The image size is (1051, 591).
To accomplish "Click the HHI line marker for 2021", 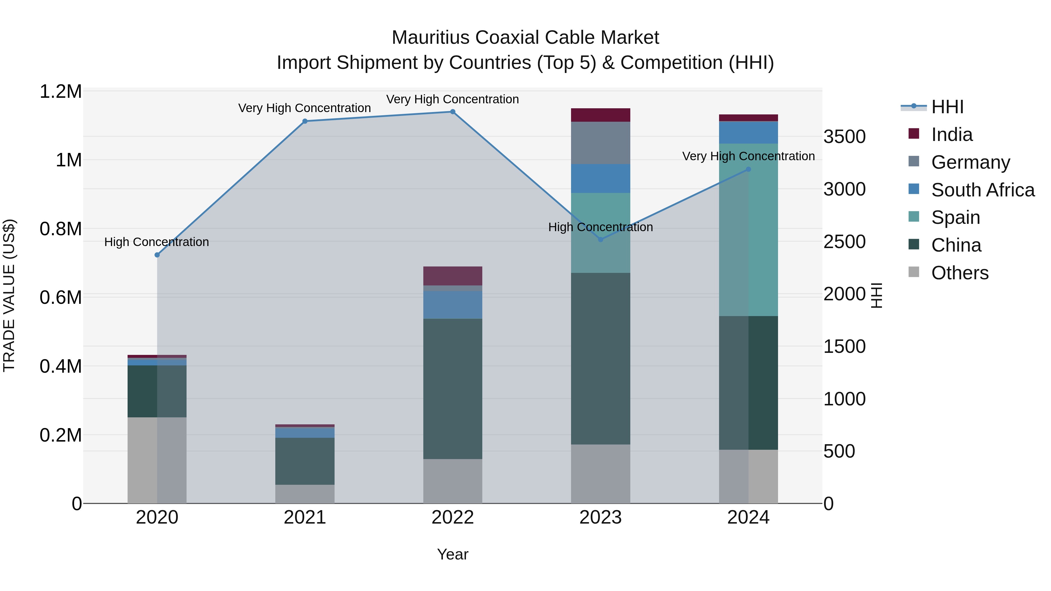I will click(x=305, y=121).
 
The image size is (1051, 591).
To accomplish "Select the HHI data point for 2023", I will click(x=600, y=239).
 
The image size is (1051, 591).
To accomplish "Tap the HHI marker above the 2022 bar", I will click(x=453, y=112).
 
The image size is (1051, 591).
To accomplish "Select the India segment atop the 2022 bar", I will click(x=453, y=276).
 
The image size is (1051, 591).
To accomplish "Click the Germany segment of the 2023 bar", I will click(x=600, y=143).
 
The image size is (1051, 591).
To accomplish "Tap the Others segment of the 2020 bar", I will click(x=157, y=460).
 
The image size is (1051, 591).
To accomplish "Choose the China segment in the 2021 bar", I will click(x=305, y=461).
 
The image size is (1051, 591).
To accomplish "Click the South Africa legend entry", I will click(x=982, y=190).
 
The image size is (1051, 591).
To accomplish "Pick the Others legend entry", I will click(x=960, y=273).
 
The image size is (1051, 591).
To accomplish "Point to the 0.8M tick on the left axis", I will click(x=61, y=229).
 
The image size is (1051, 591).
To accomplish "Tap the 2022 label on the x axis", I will click(x=453, y=517).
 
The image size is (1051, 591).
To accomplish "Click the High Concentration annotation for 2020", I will click(x=157, y=242).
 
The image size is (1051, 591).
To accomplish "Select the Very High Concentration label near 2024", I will click(x=748, y=156).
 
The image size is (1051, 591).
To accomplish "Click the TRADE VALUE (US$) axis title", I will click(x=9, y=295).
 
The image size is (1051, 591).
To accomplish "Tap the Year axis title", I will click(x=453, y=554).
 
